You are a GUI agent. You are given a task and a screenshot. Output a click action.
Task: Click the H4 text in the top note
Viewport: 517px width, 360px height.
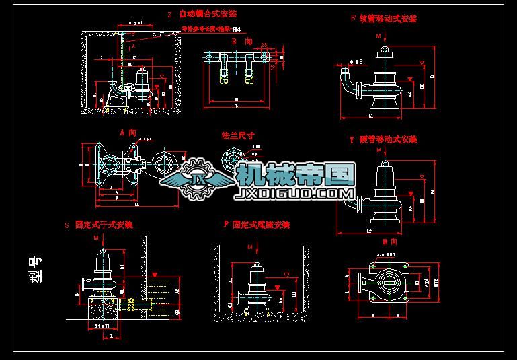pyautogui.click(x=235, y=30)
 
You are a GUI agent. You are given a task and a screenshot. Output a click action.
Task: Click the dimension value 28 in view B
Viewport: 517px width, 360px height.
pyautogui.click(x=265, y=46)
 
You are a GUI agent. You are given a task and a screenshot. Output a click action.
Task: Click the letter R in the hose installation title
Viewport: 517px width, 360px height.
pyautogui.click(x=353, y=19)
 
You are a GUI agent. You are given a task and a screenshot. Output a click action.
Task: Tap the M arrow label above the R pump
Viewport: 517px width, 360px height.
pyautogui.click(x=379, y=34)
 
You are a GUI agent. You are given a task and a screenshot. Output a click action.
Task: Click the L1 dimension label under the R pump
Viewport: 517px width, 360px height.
pyautogui.click(x=372, y=116)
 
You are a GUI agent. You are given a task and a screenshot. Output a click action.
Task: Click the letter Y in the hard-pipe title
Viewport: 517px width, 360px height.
pyautogui.click(x=352, y=139)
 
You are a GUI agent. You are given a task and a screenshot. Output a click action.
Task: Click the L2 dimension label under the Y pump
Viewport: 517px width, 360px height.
pyautogui.click(x=370, y=231)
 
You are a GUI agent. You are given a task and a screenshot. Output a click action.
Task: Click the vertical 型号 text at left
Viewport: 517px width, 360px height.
pyautogui.click(x=36, y=268)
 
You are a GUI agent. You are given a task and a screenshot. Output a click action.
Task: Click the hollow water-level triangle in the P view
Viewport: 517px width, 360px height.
pyautogui.click(x=286, y=275)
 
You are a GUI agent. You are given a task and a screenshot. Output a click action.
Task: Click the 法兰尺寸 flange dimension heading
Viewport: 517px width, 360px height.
pyautogui.click(x=239, y=135)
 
